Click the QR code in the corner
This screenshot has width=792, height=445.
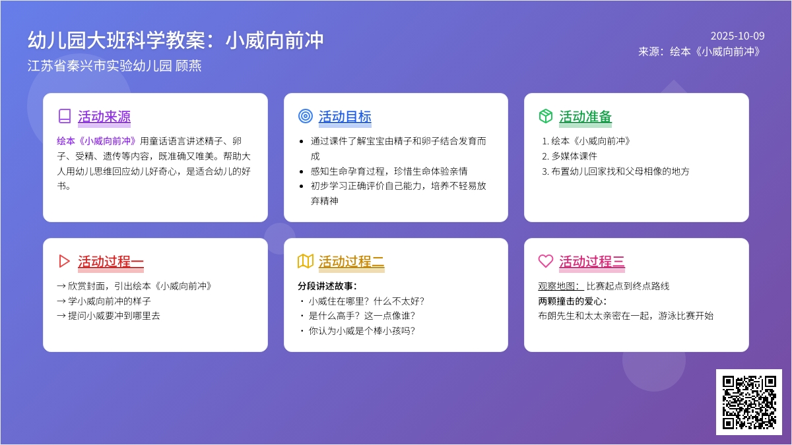(749, 402)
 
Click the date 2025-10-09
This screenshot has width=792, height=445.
(738, 36)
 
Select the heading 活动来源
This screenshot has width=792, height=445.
(104, 117)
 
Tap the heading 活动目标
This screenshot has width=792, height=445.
(345, 117)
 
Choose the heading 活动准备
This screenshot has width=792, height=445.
(585, 117)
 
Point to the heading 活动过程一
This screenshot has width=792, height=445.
(111, 262)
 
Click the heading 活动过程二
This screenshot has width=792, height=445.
(351, 262)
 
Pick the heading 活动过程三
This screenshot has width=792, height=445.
(592, 262)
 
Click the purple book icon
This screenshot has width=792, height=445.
(65, 116)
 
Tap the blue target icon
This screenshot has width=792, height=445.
(306, 116)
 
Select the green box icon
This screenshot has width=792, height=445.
(546, 116)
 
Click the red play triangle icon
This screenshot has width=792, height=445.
(63, 261)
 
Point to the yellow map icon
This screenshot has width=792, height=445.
(306, 261)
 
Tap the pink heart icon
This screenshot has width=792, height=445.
(546, 261)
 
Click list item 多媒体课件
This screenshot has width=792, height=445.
(574, 156)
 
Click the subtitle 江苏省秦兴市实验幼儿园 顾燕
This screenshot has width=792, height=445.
(115, 66)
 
